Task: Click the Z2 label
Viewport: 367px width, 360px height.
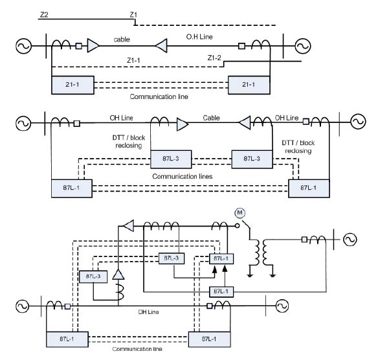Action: click(x=44, y=15)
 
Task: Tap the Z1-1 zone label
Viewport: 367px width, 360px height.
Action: click(x=133, y=60)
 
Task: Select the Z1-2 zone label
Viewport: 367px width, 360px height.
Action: click(x=214, y=58)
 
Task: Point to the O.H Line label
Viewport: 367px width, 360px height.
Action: click(x=199, y=37)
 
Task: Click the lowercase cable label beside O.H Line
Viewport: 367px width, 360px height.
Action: click(x=122, y=39)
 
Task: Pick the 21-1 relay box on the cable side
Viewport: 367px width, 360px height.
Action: click(x=72, y=85)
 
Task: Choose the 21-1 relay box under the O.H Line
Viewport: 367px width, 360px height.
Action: click(x=249, y=85)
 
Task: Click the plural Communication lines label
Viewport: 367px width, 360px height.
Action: click(x=183, y=176)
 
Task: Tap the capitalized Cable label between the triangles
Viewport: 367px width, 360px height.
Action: click(x=211, y=118)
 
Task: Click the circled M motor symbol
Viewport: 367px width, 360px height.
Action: click(x=239, y=213)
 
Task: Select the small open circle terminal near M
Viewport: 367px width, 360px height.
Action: click(x=237, y=226)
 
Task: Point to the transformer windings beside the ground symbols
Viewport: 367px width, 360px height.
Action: click(x=261, y=253)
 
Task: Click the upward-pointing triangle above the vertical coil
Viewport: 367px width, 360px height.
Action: click(x=118, y=275)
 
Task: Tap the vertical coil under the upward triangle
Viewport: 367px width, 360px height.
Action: click(x=120, y=292)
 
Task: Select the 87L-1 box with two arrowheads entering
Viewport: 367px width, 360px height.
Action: click(x=221, y=258)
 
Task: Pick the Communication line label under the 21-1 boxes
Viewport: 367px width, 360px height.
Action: click(x=159, y=96)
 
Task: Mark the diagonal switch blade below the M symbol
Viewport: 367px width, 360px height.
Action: click(x=246, y=225)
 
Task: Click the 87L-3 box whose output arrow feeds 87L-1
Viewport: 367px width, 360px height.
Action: click(x=172, y=258)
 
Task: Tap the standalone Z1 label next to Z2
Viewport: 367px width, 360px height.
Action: click(x=133, y=15)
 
